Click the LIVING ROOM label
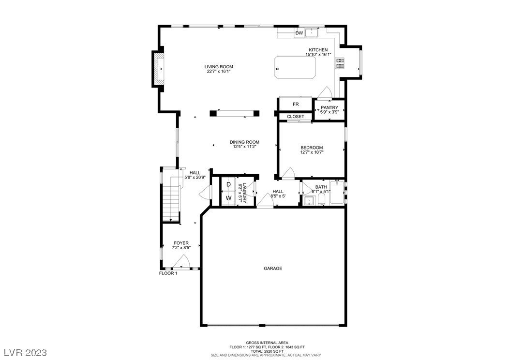[219, 67]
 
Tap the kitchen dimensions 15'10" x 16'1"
[318, 55]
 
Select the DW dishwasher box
[299, 33]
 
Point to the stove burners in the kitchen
[340, 63]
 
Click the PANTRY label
[330, 107]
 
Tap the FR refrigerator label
[296, 105]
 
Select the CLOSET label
[296, 117]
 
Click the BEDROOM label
[312, 148]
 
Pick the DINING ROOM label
[244, 142]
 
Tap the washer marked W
[228, 198]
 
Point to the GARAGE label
[273, 269]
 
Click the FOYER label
[181, 243]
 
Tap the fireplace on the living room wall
[158, 69]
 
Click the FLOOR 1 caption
[168, 273]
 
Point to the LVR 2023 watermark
[26, 352]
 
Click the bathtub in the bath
[337, 192]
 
